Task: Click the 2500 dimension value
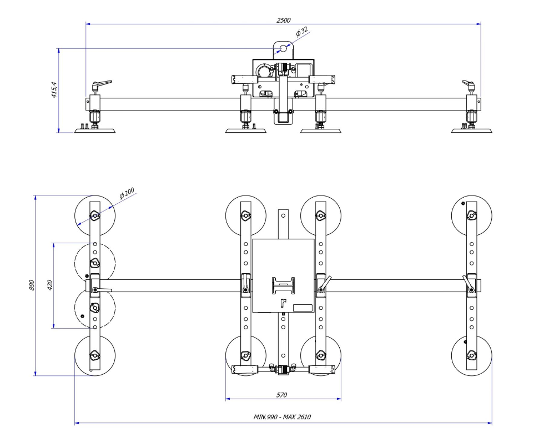click(283, 20)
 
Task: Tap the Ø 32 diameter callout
click(302, 32)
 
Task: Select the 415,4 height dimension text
click(54, 90)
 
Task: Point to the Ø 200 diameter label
click(127, 193)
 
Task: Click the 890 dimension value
click(32, 285)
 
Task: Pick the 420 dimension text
click(50, 285)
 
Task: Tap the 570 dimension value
click(281, 395)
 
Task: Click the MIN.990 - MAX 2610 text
click(282, 417)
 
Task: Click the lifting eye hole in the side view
click(283, 49)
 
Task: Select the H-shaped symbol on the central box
click(283, 286)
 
